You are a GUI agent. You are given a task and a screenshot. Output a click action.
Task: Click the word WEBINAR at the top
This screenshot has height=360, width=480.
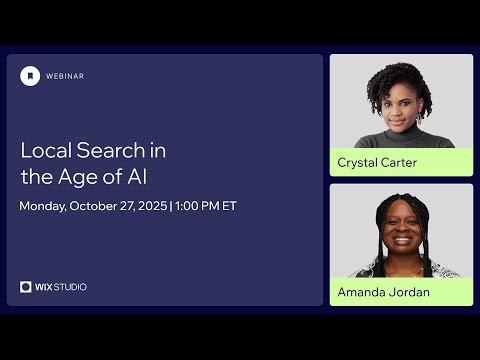point(65,75)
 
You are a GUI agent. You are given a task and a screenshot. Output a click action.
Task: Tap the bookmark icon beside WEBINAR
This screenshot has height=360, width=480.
point(31,75)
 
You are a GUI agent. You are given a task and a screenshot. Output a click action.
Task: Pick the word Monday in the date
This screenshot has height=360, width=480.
point(45,207)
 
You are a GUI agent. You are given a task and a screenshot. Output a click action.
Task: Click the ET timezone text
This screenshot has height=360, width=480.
point(229,207)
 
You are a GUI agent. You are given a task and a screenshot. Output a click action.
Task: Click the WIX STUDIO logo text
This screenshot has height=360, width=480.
point(61,287)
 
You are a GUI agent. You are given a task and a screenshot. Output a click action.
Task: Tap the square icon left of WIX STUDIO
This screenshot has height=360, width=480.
point(26,287)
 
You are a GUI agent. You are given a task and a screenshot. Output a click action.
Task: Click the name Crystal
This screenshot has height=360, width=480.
point(357,162)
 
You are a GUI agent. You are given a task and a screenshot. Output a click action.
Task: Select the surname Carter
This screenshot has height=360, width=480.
point(400,162)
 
